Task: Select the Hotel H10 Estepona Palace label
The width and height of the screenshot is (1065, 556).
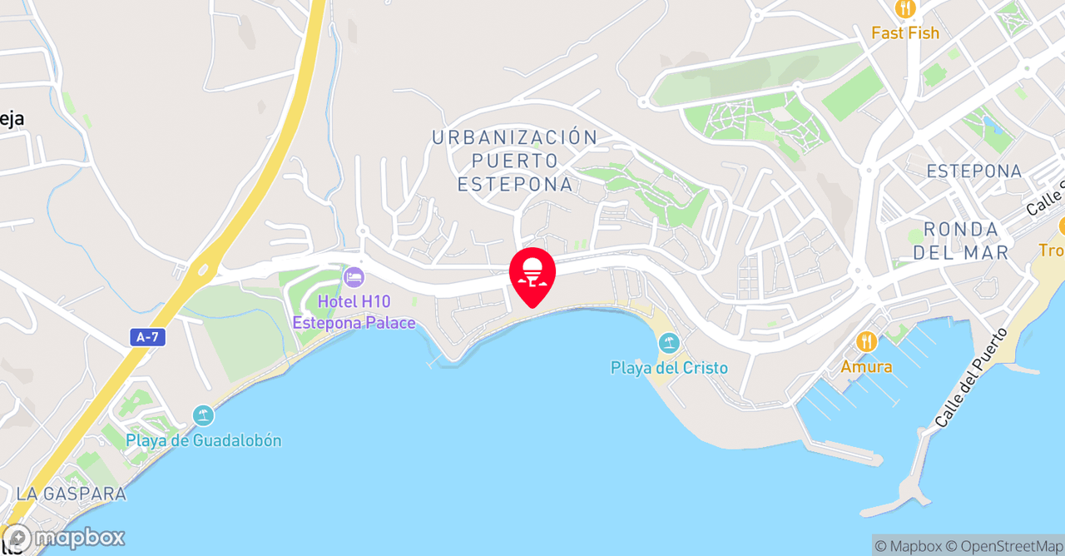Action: click(354, 312)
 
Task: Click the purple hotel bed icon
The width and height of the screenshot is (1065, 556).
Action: click(354, 276)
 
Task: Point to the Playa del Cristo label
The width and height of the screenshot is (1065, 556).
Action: click(669, 368)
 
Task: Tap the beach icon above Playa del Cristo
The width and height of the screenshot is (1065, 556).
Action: click(669, 343)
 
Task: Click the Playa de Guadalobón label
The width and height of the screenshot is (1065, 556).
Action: click(203, 440)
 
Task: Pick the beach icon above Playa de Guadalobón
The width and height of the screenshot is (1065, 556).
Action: click(203, 415)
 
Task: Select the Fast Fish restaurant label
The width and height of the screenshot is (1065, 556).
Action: click(905, 33)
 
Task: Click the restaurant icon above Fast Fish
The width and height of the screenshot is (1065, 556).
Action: click(905, 9)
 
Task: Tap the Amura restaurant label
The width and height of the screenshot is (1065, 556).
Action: click(866, 366)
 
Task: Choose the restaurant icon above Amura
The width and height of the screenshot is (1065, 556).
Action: click(866, 341)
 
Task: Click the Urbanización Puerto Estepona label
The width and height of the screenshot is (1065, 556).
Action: click(515, 161)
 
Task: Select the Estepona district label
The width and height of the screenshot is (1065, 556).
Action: click(973, 171)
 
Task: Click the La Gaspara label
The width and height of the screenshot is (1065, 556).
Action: click(72, 494)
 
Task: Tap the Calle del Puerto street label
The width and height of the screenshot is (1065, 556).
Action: click(971, 378)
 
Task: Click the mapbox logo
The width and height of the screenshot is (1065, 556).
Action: click(64, 538)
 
